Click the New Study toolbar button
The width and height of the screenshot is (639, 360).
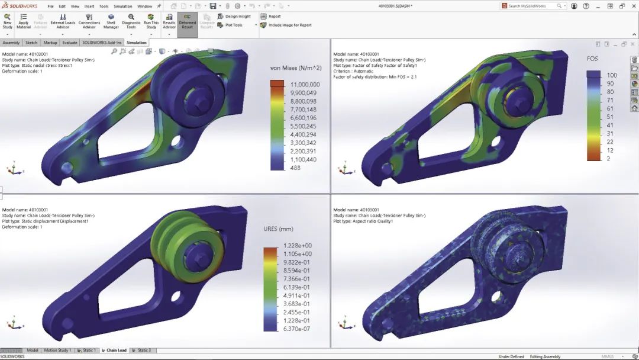tap(7, 21)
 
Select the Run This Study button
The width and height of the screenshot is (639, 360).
tap(151, 21)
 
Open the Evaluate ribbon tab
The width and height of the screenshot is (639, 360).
tap(70, 43)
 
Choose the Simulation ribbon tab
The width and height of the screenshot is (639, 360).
tap(136, 43)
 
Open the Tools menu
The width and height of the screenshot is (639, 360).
tap(104, 6)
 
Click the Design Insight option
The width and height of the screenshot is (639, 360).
tap(237, 17)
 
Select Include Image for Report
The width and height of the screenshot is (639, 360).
tap(290, 25)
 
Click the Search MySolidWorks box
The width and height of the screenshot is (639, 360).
tap(531, 6)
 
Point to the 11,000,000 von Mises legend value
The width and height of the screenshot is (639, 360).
tap(305, 85)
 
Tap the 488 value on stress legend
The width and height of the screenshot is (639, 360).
tap(295, 168)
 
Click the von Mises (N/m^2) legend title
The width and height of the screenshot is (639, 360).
tap(295, 68)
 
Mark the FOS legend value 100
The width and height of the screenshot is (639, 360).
tap(612, 75)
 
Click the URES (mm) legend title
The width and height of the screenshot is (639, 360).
tap(278, 229)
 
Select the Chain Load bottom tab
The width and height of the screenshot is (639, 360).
tap(116, 351)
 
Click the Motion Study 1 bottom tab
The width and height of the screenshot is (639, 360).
tap(57, 351)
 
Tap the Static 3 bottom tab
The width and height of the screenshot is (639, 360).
tap(144, 351)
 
